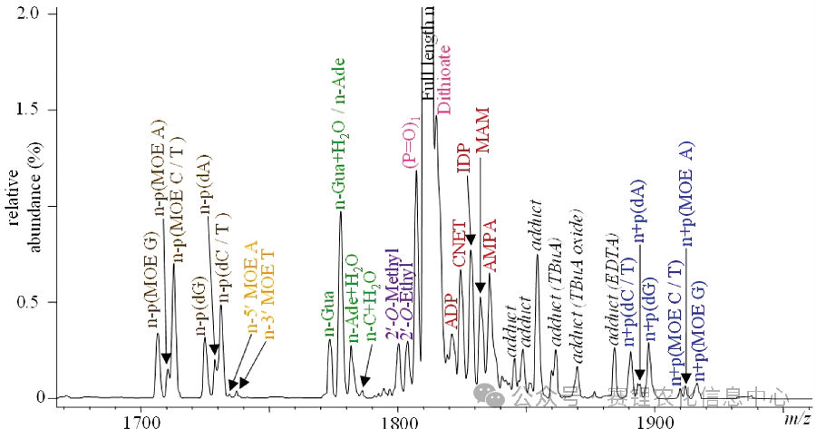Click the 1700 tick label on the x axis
click(x=141, y=419)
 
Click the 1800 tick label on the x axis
click(x=397, y=419)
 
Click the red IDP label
click(x=463, y=159)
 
